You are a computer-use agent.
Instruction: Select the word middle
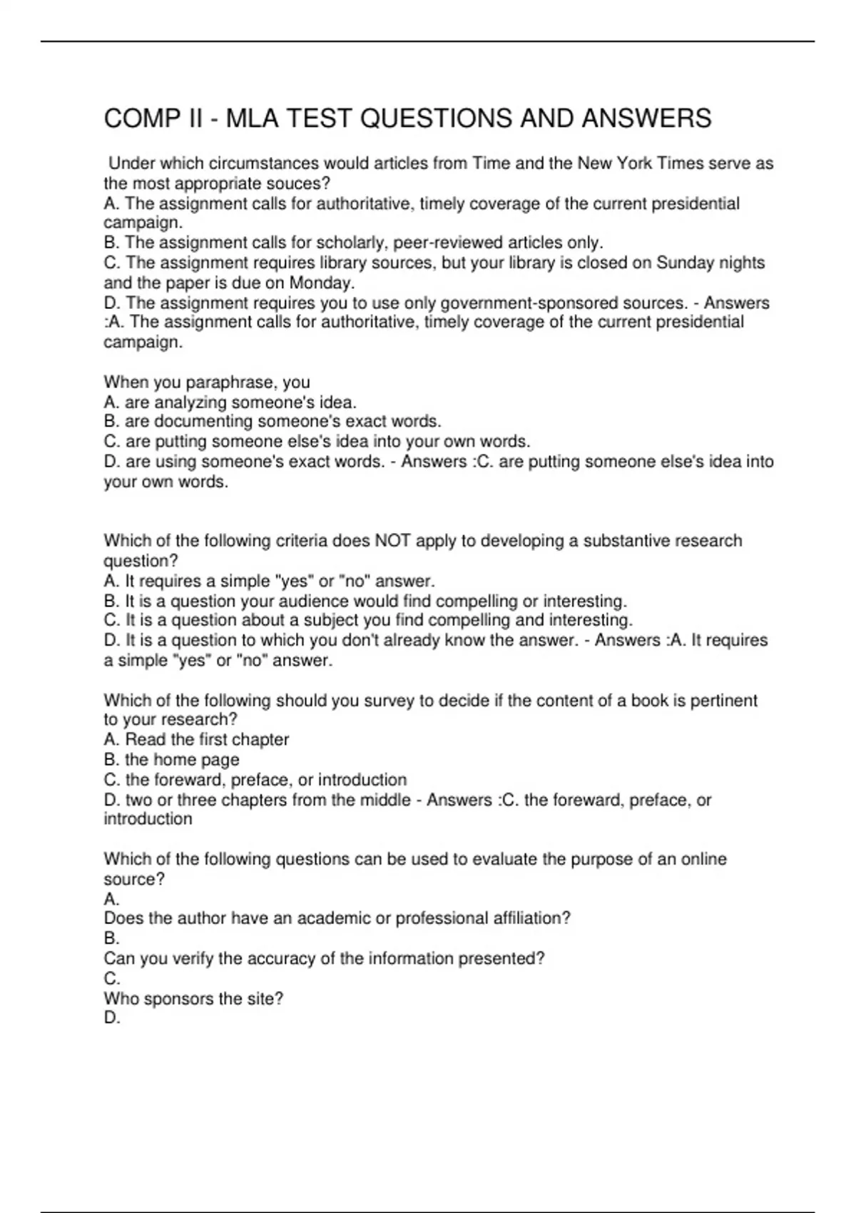tap(384, 800)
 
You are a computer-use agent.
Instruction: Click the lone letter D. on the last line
tap(112, 1018)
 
